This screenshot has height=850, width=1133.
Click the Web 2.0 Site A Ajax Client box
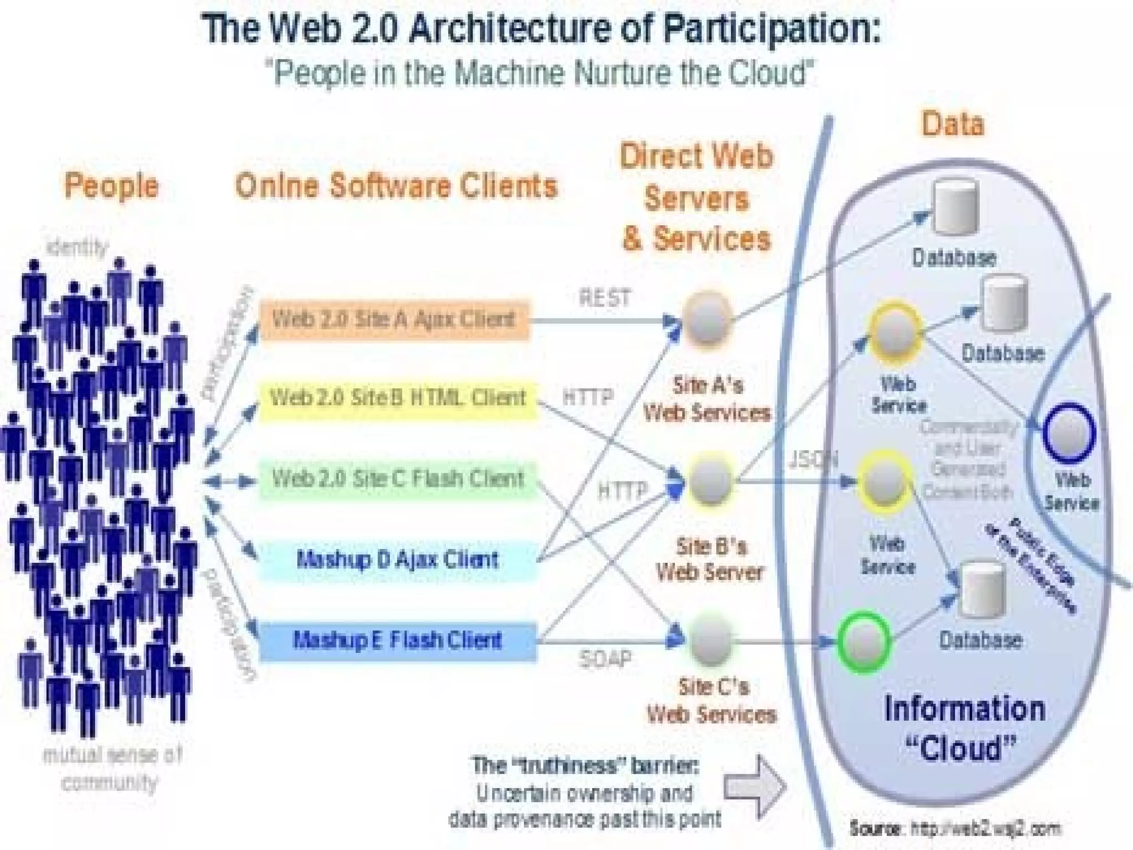coord(394,320)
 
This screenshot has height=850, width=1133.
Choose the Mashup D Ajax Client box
coord(397,560)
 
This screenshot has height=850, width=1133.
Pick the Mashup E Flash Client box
coord(397,641)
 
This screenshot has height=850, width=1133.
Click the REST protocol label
coord(604,298)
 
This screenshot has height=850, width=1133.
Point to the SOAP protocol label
coord(604,659)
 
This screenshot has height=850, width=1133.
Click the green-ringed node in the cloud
coord(864,641)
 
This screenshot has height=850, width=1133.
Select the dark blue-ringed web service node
coord(1069,432)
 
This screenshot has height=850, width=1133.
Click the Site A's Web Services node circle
coord(707,320)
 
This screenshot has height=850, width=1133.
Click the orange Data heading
coord(953,124)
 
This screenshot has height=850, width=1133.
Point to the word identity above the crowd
coord(78,247)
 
